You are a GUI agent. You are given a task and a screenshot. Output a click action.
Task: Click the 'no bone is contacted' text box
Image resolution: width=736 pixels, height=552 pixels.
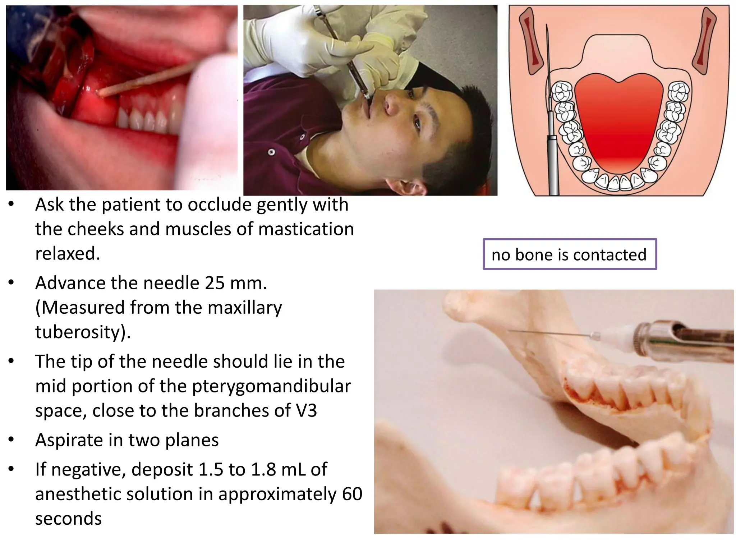[x=570, y=254]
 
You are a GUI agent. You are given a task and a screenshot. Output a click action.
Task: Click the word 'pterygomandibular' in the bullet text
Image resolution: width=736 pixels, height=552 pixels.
[x=271, y=386]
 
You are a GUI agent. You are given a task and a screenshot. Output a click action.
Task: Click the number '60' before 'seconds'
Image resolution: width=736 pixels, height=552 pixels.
[x=352, y=494]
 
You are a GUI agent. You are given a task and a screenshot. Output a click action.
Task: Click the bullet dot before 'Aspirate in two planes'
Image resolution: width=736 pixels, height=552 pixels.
[x=11, y=439]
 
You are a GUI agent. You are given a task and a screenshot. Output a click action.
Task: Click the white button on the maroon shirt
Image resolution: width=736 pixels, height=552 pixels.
[x=271, y=152]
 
